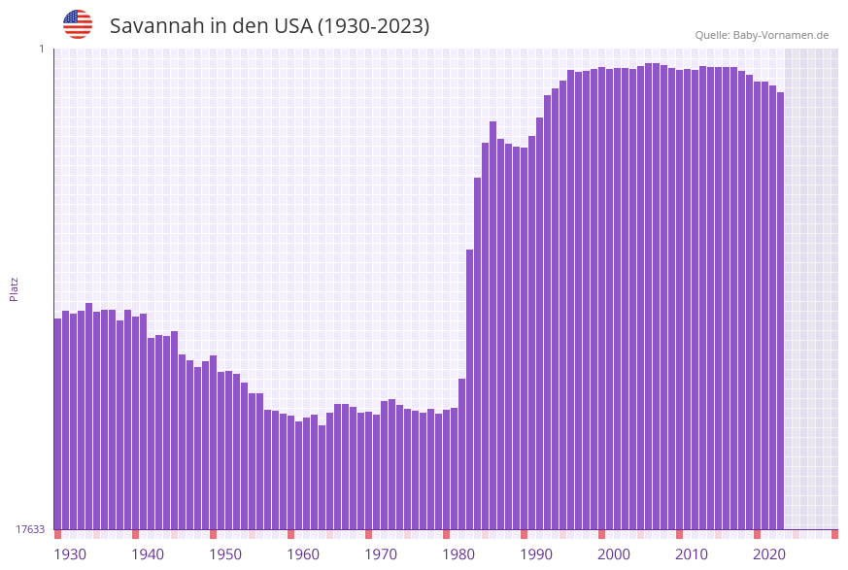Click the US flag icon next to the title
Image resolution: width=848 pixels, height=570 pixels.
tap(78, 24)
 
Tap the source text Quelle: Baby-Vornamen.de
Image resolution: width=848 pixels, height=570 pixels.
tap(761, 35)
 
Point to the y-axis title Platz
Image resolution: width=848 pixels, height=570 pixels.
tap(15, 288)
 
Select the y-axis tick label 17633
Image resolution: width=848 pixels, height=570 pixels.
tap(30, 529)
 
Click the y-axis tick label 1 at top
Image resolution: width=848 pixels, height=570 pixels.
tap(41, 49)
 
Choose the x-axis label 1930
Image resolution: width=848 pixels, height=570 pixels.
tap(69, 554)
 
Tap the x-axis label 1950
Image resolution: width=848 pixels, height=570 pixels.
tap(225, 554)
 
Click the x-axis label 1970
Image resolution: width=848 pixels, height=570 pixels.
tap(381, 554)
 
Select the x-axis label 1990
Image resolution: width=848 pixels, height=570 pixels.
tap(536, 554)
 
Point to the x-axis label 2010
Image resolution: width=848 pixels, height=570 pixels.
tap(692, 554)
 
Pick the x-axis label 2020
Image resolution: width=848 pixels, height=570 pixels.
tap(769, 554)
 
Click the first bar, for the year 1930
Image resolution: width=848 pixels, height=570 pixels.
tap(57, 423)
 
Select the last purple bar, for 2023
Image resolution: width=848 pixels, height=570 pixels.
tap(780, 311)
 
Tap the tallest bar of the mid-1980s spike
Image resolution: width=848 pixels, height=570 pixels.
tap(492, 325)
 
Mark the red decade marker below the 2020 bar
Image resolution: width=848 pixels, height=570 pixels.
tap(757, 534)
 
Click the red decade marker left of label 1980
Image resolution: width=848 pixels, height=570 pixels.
tap(446, 534)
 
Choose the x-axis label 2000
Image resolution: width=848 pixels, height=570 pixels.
tap(614, 554)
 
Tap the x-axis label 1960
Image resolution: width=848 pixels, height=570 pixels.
tap(303, 554)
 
